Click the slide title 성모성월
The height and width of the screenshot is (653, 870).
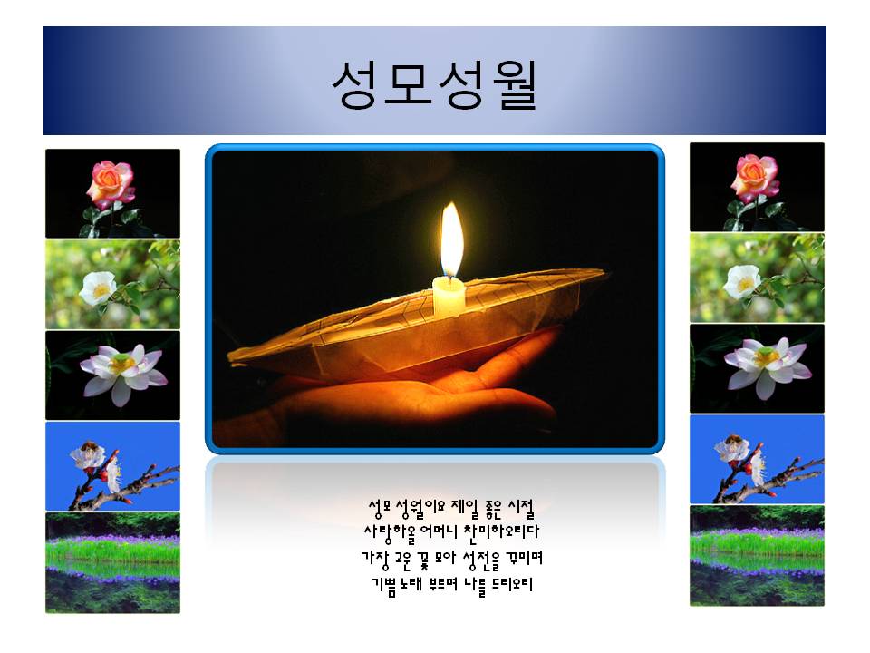click(x=434, y=84)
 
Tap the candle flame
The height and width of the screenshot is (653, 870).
click(x=451, y=239)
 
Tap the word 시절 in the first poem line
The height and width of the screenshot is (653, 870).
click(x=521, y=508)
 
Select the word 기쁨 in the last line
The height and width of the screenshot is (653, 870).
click(x=384, y=585)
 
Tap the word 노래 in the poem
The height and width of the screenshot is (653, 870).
click(x=413, y=585)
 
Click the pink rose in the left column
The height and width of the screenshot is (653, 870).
click(x=111, y=183)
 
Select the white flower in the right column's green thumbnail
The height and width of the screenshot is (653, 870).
click(x=742, y=281)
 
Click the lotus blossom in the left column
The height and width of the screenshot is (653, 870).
click(x=124, y=373)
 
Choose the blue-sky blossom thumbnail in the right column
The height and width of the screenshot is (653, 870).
click(x=757, y=459)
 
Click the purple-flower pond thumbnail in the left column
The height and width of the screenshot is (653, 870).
click(x=112, y=562)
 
